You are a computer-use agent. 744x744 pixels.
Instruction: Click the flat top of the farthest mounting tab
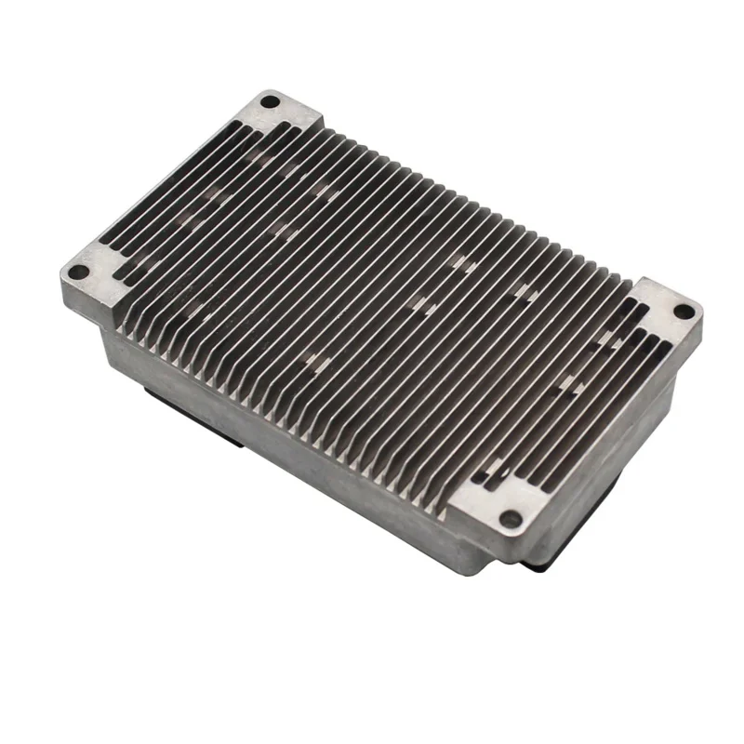[288, 116]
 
